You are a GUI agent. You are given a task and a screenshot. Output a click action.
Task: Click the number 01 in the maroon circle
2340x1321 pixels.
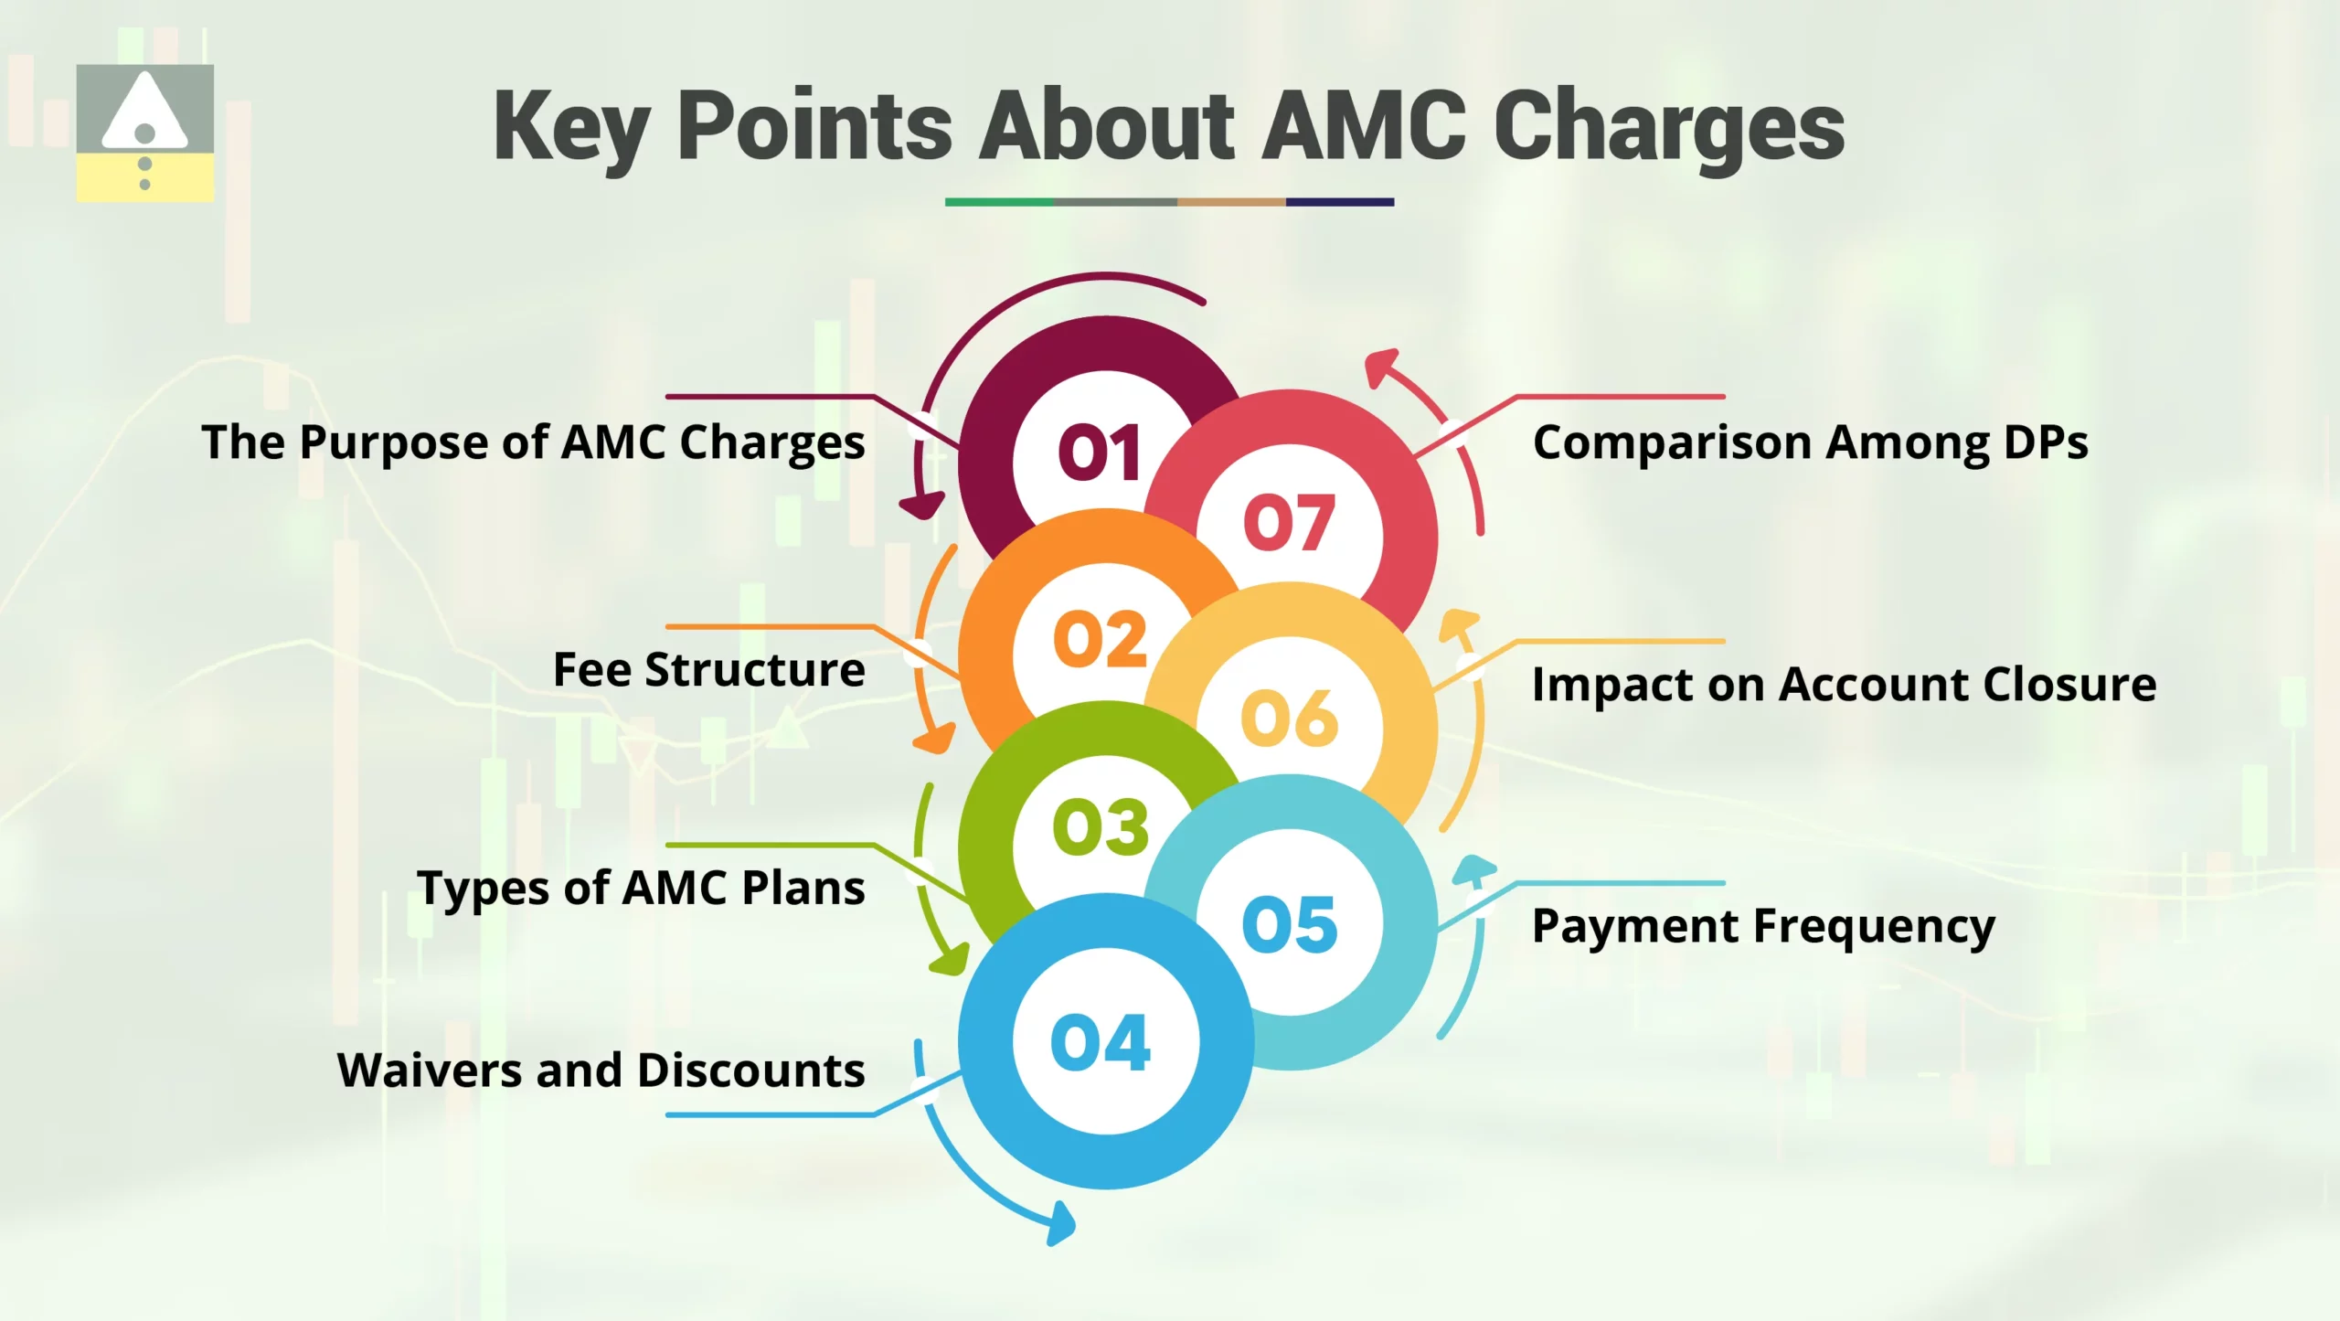[x=1100, y=453]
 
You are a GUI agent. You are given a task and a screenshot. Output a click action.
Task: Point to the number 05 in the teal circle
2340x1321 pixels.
[x=1290, y=924]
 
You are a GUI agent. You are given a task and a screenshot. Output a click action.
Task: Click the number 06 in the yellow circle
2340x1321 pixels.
[x=1290, y=719]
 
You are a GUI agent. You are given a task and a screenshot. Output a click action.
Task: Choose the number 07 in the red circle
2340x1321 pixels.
[x=1290, y=523]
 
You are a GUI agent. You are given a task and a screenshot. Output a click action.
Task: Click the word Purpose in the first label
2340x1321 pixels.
[x=395, y=444]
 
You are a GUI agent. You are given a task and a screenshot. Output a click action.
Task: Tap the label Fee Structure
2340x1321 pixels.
[x=708, y=669]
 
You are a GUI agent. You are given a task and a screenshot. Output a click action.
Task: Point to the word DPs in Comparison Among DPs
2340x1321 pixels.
[x=2045, y=443]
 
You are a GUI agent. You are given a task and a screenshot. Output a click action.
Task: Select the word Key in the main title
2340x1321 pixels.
[x=571, y=128]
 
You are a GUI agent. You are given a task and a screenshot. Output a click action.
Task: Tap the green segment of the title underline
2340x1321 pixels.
[x=999, y=202]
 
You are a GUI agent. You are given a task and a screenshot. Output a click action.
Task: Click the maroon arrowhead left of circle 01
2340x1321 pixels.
[x=921, y=505]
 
